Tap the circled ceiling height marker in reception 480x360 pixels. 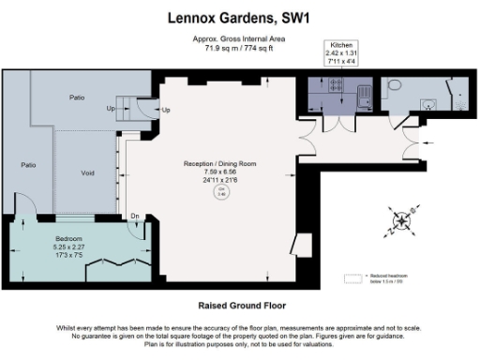[221, 192]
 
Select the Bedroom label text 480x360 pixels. [69, 239]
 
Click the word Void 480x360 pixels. [86, 172]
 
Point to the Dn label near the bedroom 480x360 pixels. [136, 217]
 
